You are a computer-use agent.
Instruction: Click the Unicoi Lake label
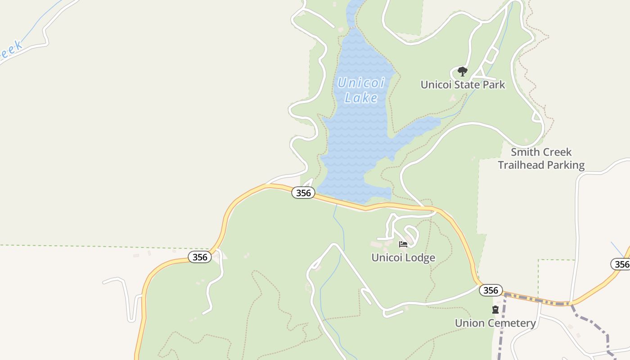pyautogui.click(x=361, y=90)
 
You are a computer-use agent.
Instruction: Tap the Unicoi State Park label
pyautogui.click(x=463, y=85)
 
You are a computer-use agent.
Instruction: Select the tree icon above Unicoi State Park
pyautogui.click(x=462, y=72)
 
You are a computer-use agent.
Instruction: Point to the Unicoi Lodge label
pyautogui.click(x=403, y=257)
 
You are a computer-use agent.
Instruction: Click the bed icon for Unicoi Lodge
pyautogui.click(x=403, y=244)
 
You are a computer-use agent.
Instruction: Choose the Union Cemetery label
pyautogui.click(x=495, y=323)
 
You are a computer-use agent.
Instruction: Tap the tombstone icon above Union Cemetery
pyautogui.click(x=495, y=310)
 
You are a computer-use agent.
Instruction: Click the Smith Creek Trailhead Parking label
pyautogui.click(x=541, y=158)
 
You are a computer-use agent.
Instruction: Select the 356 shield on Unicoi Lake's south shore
pyautogui.click(x=303, y=193)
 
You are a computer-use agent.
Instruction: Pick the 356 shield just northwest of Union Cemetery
pyautogui.click(x=490, y=290)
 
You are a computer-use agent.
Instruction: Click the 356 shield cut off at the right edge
pyautogui.click(x=621, y=264)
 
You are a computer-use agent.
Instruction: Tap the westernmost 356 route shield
pyautogui.click(x=199, y=257)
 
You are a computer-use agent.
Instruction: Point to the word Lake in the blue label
pyautogui.click(x=361, y=98)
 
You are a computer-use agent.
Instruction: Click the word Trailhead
pyautogui.click(x=521, y=165)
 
